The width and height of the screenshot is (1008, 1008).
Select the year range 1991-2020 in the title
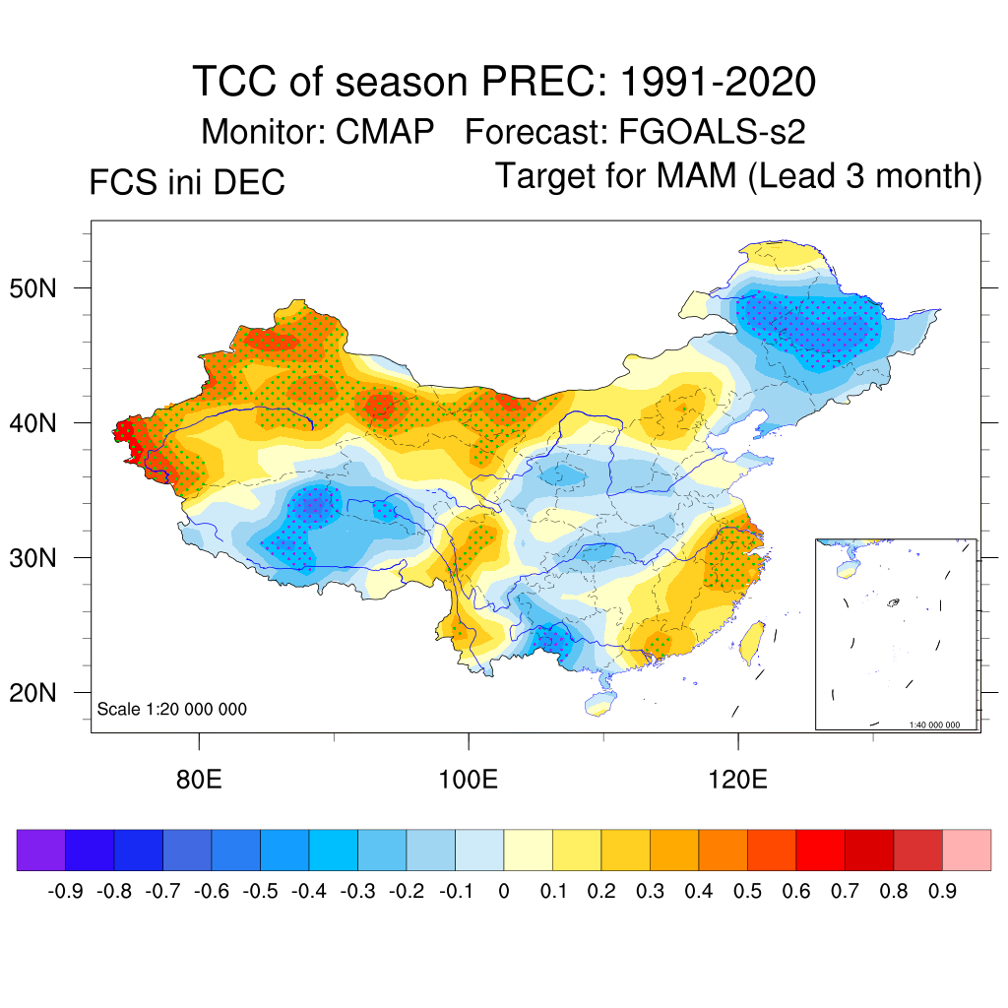point(718,82)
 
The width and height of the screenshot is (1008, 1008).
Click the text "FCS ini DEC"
point(187,182)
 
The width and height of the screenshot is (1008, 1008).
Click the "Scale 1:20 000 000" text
point(172,709)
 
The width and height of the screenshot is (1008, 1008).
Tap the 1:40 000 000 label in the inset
point(941,724)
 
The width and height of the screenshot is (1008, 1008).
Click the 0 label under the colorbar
point(504,892)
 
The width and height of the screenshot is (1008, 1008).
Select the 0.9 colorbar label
point(942,892)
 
